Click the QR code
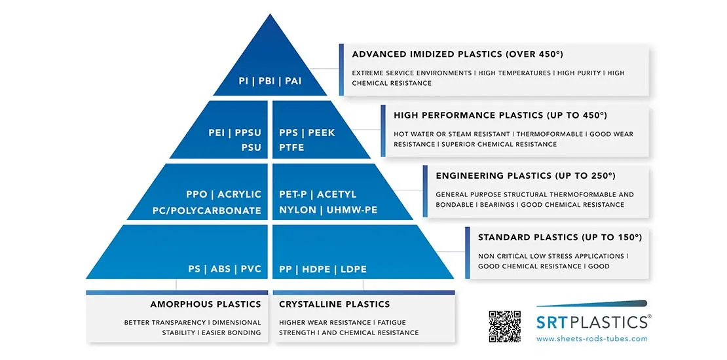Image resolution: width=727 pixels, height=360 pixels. click(504, 326)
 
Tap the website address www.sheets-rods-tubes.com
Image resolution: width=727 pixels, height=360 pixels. click(591, 338)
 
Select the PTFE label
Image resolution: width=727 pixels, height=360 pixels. click(291, 148)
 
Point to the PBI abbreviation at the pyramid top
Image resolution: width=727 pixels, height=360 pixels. click(267, 82)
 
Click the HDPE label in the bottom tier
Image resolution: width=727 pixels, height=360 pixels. click(318, 269)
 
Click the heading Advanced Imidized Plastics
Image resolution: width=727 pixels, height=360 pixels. click(457, 54)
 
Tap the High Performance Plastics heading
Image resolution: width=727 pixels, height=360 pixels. click(500, 115)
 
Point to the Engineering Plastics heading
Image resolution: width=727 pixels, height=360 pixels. click(525, 175)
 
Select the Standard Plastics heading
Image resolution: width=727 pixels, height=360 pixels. click(559, 237)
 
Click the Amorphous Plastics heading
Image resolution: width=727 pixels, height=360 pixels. click(205, 304)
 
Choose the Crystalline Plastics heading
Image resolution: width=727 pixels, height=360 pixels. click(334, 304)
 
